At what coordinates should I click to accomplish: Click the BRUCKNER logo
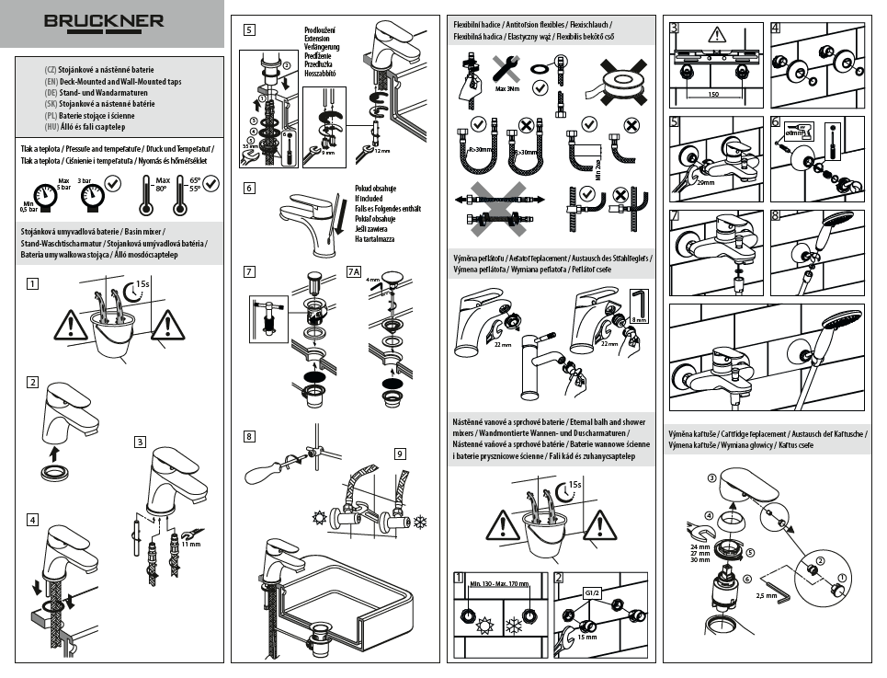point(104,20)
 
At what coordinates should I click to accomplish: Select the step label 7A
point(354,271)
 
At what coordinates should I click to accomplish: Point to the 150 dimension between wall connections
point(713,94)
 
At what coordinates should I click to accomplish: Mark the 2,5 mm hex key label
point(767,596)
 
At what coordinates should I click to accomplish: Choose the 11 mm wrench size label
point(190,545)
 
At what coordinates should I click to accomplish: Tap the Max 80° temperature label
point(163,186)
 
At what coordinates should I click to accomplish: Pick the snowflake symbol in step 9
point(422,522)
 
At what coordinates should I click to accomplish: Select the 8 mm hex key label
point(640,320)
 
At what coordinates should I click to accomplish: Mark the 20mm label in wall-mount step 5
point(705,183)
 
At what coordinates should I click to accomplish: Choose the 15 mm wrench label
point(586,637)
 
